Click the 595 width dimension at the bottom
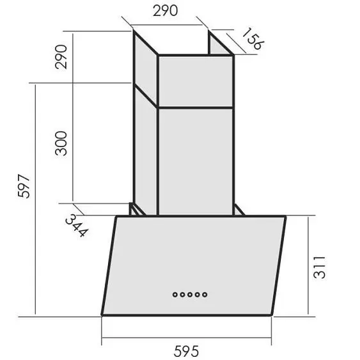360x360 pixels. [186, 351]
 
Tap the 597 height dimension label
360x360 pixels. [24, 186]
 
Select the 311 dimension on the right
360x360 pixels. [319, 267]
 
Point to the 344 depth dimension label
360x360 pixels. [77, 226]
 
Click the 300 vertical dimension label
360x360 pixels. [61, 143]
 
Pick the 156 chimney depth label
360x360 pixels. [253, 38]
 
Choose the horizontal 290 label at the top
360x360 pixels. [166, 11]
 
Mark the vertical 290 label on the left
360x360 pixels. [61, 57]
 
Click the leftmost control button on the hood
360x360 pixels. [175, 294]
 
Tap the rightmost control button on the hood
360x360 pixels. [205, 294]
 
